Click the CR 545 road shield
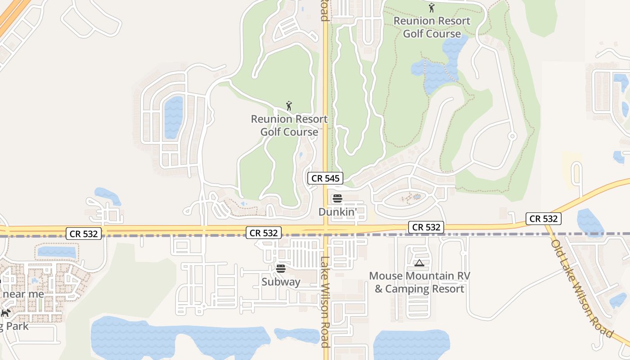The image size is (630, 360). [x=325, y=178]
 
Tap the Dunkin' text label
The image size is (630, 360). [x=337, y=211]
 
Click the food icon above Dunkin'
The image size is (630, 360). [x=337, y=198]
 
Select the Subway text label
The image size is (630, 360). [x=281, y=282]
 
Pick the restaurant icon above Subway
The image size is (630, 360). [x=281, y=269]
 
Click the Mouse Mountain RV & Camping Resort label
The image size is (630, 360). [x=419, y=282]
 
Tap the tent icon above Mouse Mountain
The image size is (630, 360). [x=419, y=263]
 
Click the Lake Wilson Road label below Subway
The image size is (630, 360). [x=325, y=301]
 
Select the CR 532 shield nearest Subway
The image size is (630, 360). [x=264, y=233]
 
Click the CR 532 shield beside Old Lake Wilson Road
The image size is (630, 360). [x=544, y=219]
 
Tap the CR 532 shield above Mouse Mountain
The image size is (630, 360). [x=426, y=227]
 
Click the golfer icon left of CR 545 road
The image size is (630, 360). [x=289, y=106]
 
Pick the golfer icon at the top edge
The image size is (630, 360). [x=432, y=8]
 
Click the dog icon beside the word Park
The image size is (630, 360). [x=5, y=313]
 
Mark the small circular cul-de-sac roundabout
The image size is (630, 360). [x=512, y=136]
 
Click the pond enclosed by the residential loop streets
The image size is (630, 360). [x=174, y=117]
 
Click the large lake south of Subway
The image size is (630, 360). [x=171, y=340]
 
